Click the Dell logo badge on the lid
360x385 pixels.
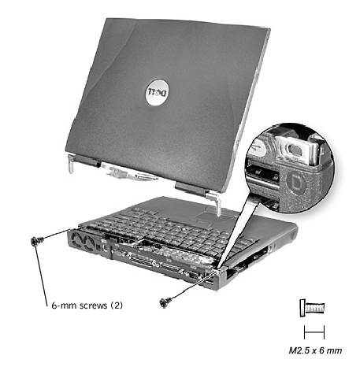pos(157,92)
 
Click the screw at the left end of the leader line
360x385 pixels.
pos(36,241)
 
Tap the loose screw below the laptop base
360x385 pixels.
pos(165,302)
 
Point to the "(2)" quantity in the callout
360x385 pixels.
pos(117,305)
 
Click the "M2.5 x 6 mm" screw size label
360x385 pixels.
pos(315,350)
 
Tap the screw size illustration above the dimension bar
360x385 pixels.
pos(312,308)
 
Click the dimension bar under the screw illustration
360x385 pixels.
pos(314,332)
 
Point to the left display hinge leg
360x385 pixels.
pos(71,164)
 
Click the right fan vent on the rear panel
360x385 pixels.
pos(89,242)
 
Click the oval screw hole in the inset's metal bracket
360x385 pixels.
pos(295,149)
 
